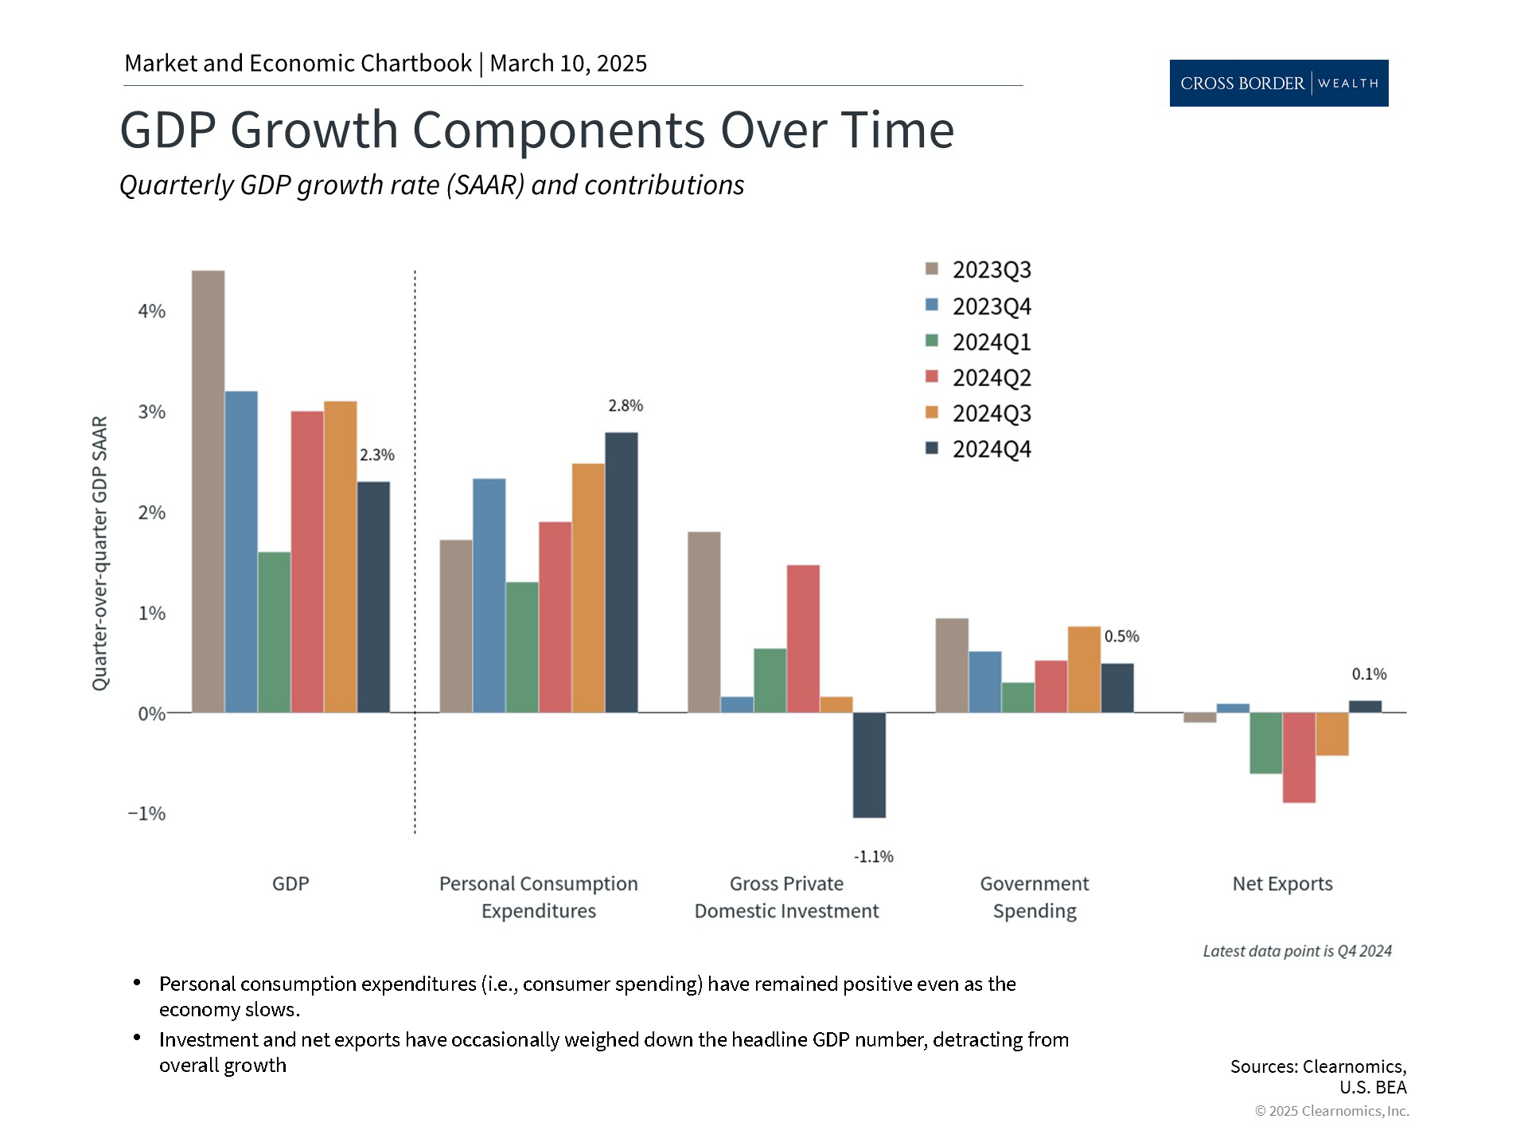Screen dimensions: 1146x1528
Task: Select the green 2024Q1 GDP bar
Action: [x=275, y=632]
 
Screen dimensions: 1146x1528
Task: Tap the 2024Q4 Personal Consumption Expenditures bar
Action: [x=622, y=572]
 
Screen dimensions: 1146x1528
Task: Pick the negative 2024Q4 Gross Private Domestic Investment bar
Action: [x=869, y=765]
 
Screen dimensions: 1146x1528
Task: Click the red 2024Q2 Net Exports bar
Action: [x=1299, y=758]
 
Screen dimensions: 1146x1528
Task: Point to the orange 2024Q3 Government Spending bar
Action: [x=1084, y=669]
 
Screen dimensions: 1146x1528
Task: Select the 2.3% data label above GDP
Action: [x=376, y=455]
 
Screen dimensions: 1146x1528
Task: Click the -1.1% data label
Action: [x=873, y=857]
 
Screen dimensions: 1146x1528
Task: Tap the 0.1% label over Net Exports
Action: [x=1369, y=675]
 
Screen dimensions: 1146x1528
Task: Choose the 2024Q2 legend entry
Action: [x=979, y=378]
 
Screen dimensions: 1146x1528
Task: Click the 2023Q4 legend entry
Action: [x=979, y=306]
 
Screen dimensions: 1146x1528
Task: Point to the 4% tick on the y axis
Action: [x=151, y=311]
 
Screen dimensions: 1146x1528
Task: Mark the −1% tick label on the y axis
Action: [x=147, y=813]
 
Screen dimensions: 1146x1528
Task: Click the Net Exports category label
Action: [x=1282, y=884]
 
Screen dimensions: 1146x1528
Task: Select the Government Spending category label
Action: [x=1035, y=897]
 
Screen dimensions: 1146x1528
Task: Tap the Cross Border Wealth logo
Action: [x=1278, y=83]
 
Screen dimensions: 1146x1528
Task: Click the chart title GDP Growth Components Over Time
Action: [x=536, y=130]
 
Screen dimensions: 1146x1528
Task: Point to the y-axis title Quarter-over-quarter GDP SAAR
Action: [x=99, y=553]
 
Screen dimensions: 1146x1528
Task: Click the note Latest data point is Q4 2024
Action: [x=1297, y=951]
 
